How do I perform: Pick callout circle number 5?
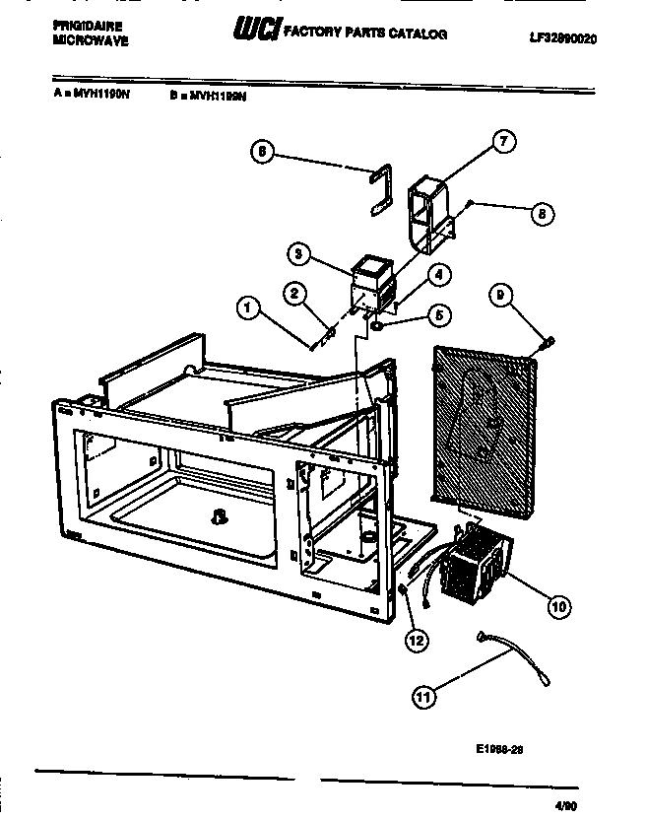(440, 315)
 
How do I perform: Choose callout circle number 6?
(261, 152)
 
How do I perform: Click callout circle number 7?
(502, 142)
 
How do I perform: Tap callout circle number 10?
(558, 606)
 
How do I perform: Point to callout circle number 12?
(417, 640)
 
